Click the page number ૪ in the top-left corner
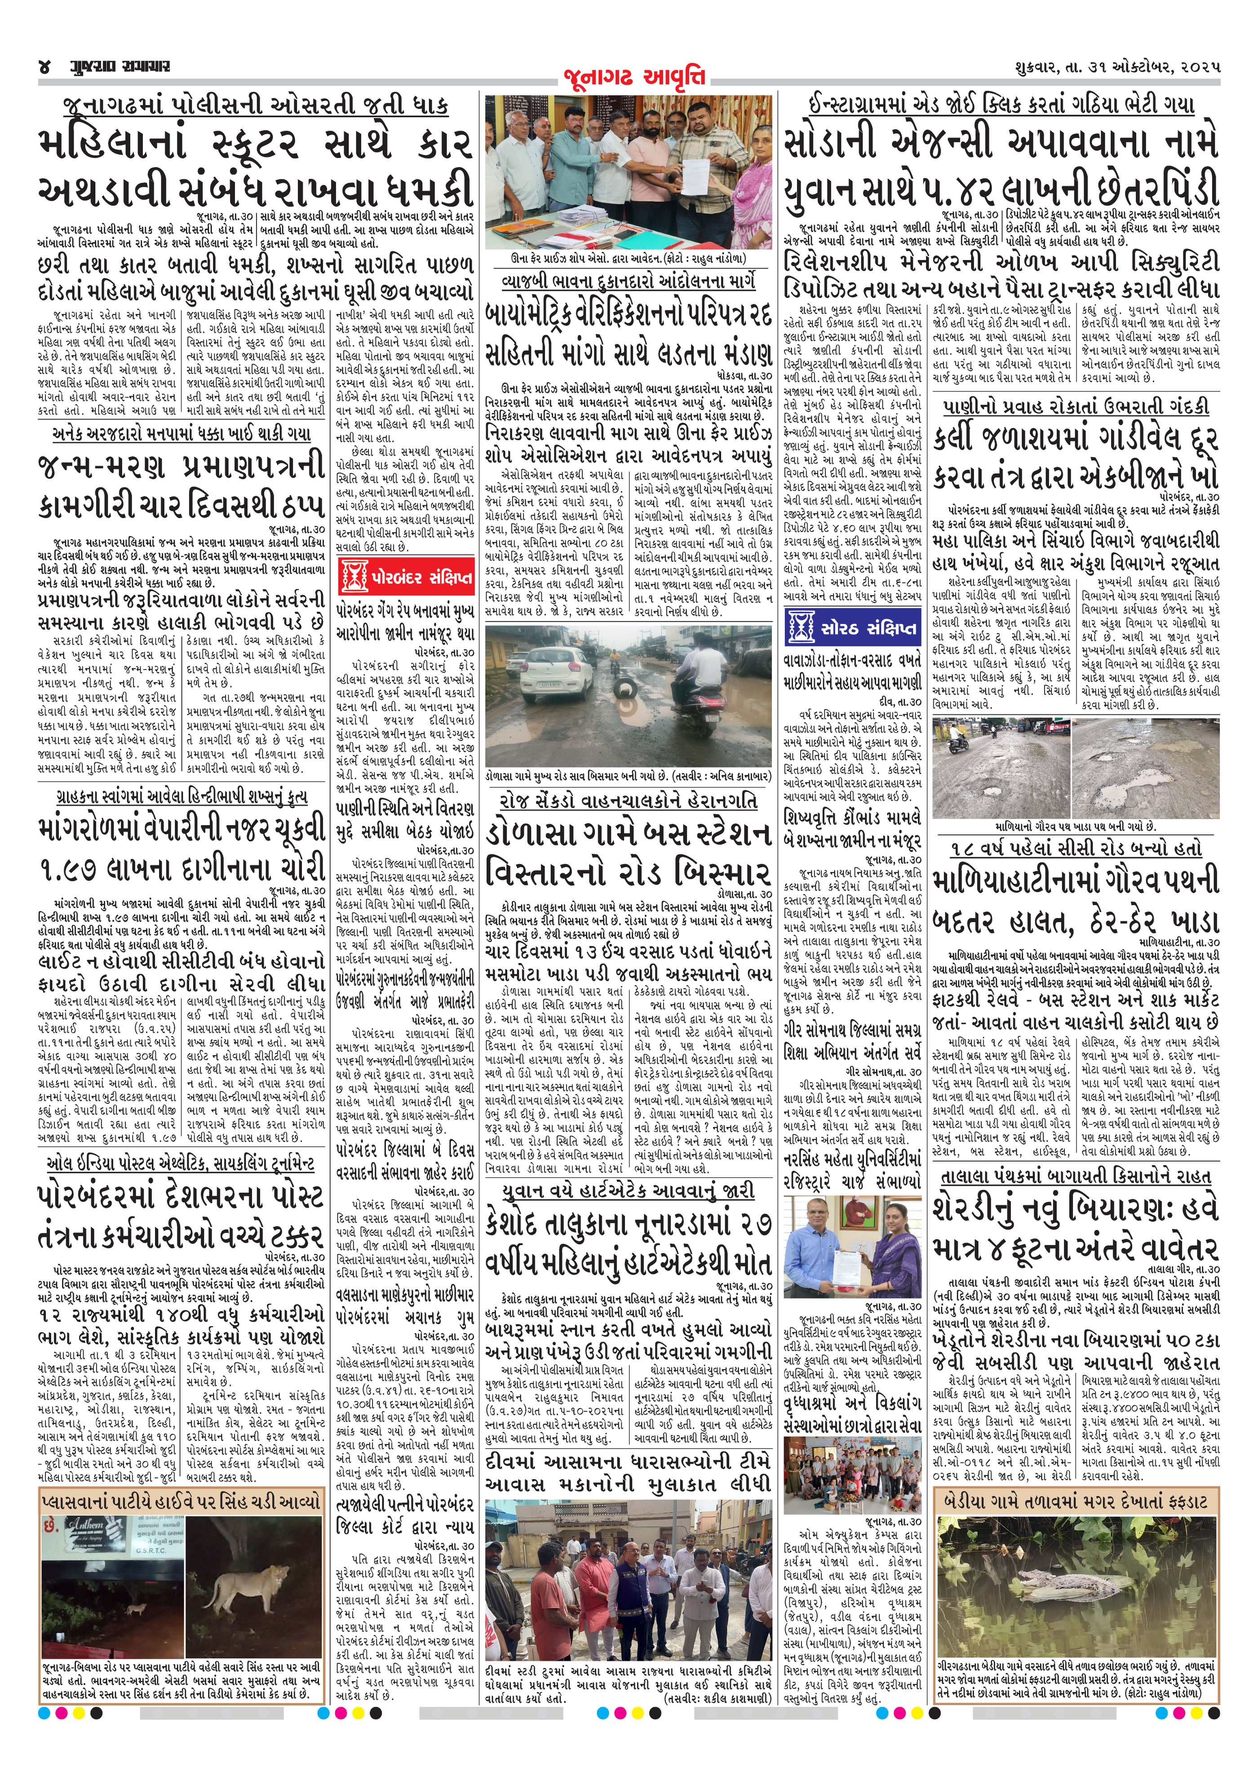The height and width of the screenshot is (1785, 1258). coord(44,68)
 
